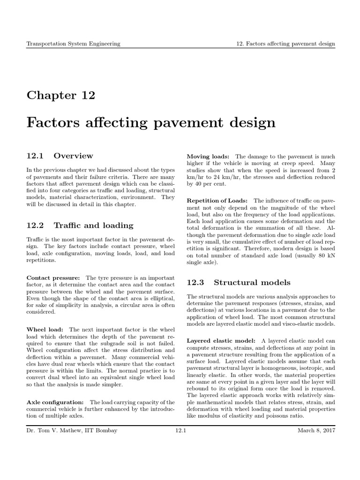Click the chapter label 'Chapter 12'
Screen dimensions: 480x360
tap(60, 96)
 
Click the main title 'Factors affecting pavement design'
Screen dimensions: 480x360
tap(150, 123)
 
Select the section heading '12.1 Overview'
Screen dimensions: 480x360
tap(60, 156)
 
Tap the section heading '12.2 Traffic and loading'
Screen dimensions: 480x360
tap(80, 225)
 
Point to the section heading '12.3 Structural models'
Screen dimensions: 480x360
tap(239, 283)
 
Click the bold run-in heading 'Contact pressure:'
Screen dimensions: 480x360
tap(53, 277)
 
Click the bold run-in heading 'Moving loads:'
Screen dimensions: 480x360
tap(208, 156)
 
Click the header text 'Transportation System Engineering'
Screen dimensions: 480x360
tap(73, 44)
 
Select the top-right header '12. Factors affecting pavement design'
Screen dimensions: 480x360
tap(285, 44)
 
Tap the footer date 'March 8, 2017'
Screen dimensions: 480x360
tap(316, 430)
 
